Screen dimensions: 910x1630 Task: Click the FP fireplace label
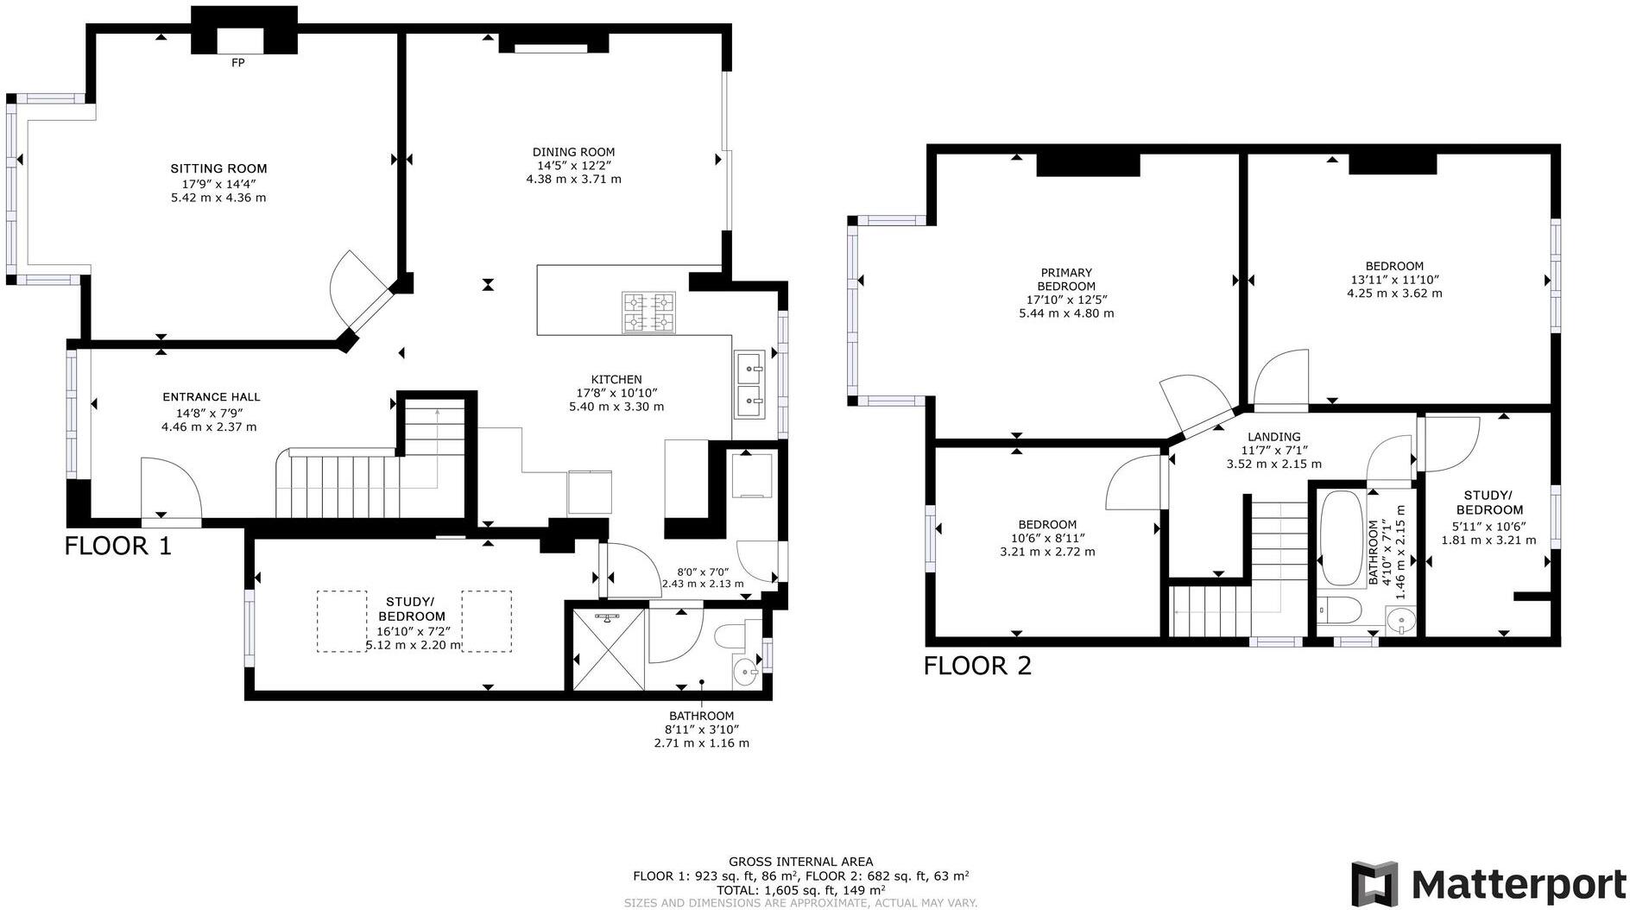tap(238, 63)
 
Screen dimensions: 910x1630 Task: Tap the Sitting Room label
tap(218, 168)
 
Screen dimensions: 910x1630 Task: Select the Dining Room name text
tap(573, 152)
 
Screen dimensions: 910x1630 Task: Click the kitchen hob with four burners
tap(649, 313)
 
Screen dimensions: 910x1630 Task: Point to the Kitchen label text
tap(616, 379)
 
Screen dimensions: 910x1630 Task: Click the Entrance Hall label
tap(211, 397)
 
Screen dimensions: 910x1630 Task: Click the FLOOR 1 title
tap(118, 546)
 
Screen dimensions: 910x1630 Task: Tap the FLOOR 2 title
tap(977, 666)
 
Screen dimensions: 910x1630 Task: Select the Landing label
tap(1273, 437)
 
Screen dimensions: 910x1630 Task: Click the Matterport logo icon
tap(1375, 885)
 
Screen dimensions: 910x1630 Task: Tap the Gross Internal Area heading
tap(800, 861)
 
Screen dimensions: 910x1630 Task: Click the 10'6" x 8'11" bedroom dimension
tap(1047, 538)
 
